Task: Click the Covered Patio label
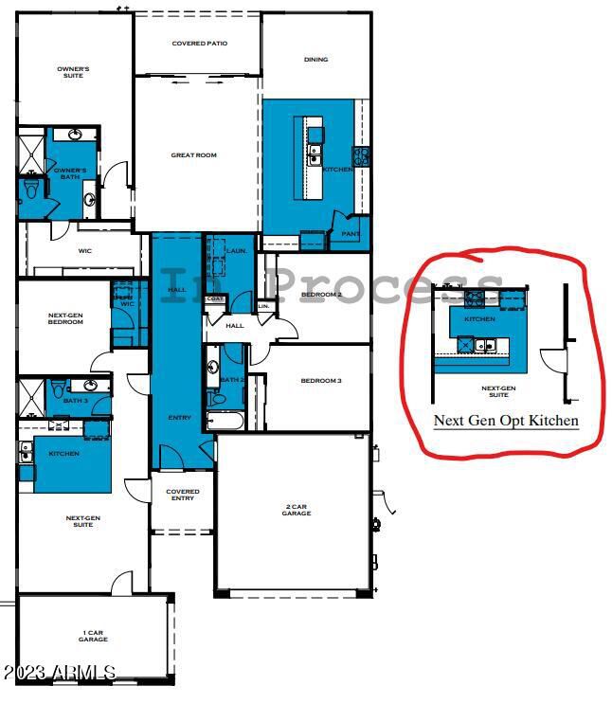[196, 44]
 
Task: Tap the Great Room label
[193, 155]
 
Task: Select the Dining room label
[315, 60]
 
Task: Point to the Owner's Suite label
[73, 72]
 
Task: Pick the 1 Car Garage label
[93, 637]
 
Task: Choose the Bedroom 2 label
[321, 295]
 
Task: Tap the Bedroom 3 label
[321, 381]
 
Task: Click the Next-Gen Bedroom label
[65, 318]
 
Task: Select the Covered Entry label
[182, 495]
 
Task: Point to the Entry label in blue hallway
[179, 418]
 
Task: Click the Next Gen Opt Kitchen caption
[506, 420]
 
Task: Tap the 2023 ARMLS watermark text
[59, 673]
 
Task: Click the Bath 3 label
[76, 401]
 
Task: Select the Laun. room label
[237, 251]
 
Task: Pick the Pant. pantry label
[350, 233]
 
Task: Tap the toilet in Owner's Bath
[30, 189]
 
